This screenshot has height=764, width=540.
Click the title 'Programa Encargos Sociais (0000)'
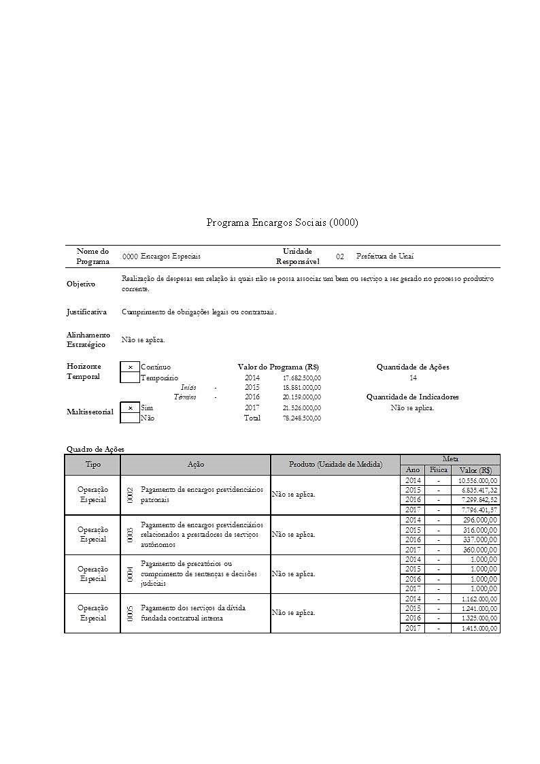point(282,222)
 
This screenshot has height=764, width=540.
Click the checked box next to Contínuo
point(130,367)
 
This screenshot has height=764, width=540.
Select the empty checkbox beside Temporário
point(130,378)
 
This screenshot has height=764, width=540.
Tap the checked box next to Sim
point(130,408)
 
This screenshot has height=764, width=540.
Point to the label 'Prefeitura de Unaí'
point(385,256)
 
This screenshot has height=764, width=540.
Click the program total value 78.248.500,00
point(301,418)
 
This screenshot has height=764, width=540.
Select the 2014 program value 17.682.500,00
point(301,378)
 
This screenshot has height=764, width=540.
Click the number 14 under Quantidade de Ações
point(413,378)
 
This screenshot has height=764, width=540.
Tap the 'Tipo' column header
point(92,465)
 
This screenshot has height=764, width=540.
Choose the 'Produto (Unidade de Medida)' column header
point(335,465)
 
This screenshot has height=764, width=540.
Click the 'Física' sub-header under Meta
point(437,470)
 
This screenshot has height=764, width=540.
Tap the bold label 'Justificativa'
point(86,312)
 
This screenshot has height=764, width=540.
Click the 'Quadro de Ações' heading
point(95,449)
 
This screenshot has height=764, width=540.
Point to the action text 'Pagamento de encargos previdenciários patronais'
point(201,495)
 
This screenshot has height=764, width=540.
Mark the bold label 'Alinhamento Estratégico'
point(88,339)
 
